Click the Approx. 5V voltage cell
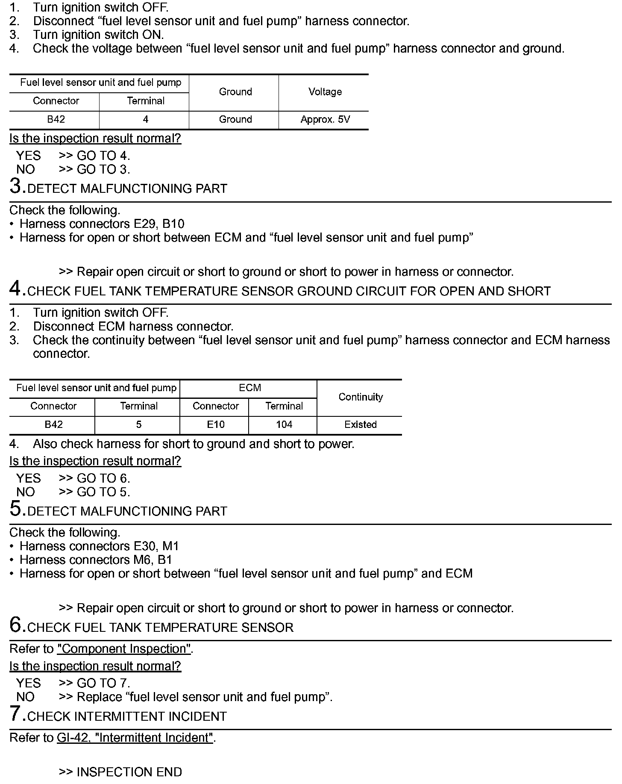325,120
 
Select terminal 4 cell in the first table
145,120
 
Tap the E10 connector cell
215,425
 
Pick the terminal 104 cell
284,425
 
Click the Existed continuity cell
360,425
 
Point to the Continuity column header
360,397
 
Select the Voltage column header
325,92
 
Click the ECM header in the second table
250,388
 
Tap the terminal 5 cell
138,425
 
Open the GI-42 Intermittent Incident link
135,738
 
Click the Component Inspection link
124,649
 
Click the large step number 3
15,186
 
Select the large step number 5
15,509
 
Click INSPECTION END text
129,772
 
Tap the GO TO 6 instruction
103,478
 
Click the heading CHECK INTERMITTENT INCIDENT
127,716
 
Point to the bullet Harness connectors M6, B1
96,560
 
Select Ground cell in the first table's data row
235,120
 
